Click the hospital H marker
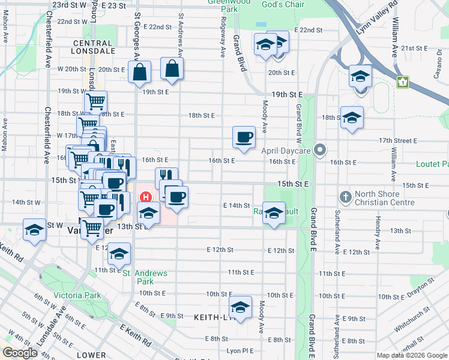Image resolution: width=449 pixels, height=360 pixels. point(145,196)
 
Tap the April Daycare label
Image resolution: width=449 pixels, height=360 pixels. point(285,151)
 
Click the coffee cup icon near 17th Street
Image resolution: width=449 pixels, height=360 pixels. point(244,137)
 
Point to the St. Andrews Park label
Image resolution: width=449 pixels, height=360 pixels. point(145,277)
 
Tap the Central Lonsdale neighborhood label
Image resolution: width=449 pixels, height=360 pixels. point(94,47)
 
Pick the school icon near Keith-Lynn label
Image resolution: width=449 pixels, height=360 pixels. point(241,308)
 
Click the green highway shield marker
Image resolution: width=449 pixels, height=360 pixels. point(402,81)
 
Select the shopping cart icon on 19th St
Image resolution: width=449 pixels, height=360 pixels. point(96,101)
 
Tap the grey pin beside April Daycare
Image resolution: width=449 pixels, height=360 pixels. point(320,151)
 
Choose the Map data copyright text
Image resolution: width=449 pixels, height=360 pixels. point(412,355)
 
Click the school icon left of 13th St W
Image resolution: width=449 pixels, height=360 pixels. point(34,230)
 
